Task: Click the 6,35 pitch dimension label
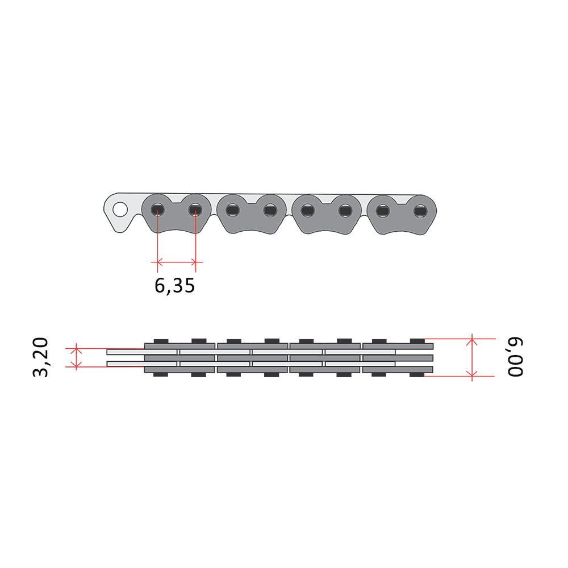click(x=174, y=286)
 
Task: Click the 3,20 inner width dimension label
click(x=40, y=357)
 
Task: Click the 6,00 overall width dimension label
click(x=516, y=357)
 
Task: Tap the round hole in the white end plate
click(x=120, y=210)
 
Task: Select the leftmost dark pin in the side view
click(x=157, y=210)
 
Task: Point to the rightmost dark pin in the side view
click(x=420, y=211)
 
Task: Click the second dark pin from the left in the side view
click(x=195, y=210)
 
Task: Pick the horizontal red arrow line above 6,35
click(x=177, y=261)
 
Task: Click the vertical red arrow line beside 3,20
click(x=76, y=357)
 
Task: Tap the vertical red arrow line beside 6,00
click(x=472, y=357)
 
